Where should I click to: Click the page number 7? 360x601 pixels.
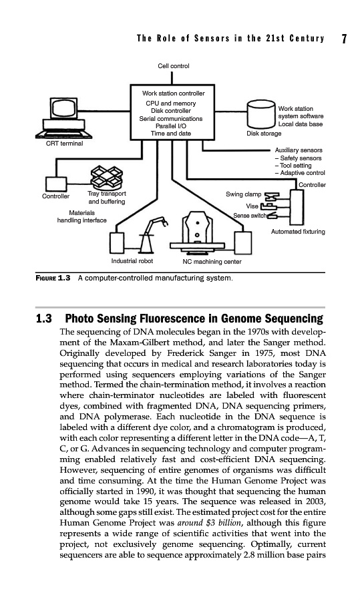point(344,39)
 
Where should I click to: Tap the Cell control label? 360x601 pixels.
point(173,66)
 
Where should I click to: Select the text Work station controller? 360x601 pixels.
point(173,93)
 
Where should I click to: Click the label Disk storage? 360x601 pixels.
point(264,134)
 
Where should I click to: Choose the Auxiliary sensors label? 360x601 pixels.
point(299,150)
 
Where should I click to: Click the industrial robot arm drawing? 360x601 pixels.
point(152,234)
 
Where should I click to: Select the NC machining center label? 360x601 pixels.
point(212,262)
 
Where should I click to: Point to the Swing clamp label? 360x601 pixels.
point(243,194)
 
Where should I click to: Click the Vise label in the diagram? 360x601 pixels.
point(252,206)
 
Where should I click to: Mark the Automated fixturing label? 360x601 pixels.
point(298,232)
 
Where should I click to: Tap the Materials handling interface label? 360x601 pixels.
point(81,216)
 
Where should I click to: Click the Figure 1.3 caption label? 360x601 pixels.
point(53,278)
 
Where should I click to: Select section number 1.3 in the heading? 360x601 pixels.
point(43,319)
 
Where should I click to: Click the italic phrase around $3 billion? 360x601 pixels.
point(210,523)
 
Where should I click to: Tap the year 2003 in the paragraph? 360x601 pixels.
point(316,502)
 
